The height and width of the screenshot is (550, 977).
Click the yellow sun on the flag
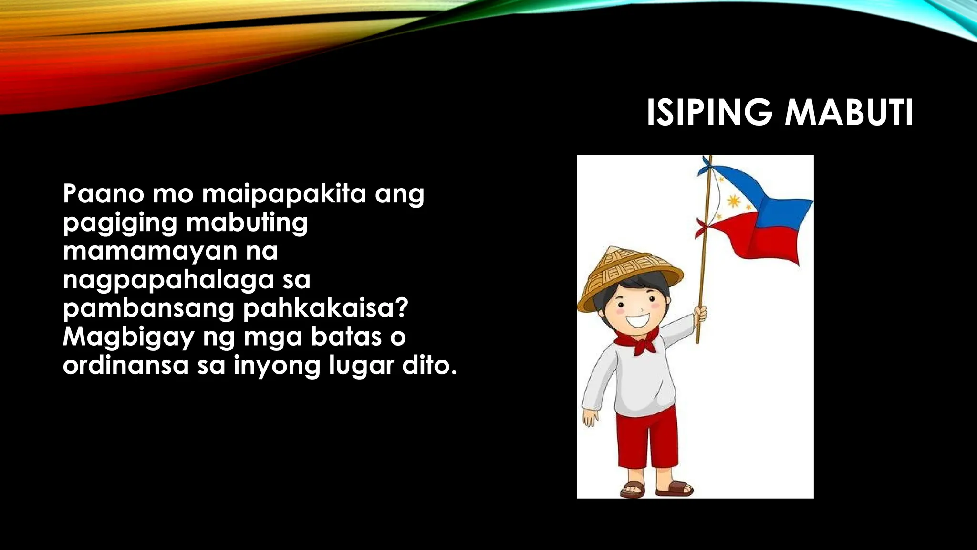coord(733,202)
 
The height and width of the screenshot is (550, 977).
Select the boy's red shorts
coord(646,442)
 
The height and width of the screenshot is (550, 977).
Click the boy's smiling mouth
coord(637,319)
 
